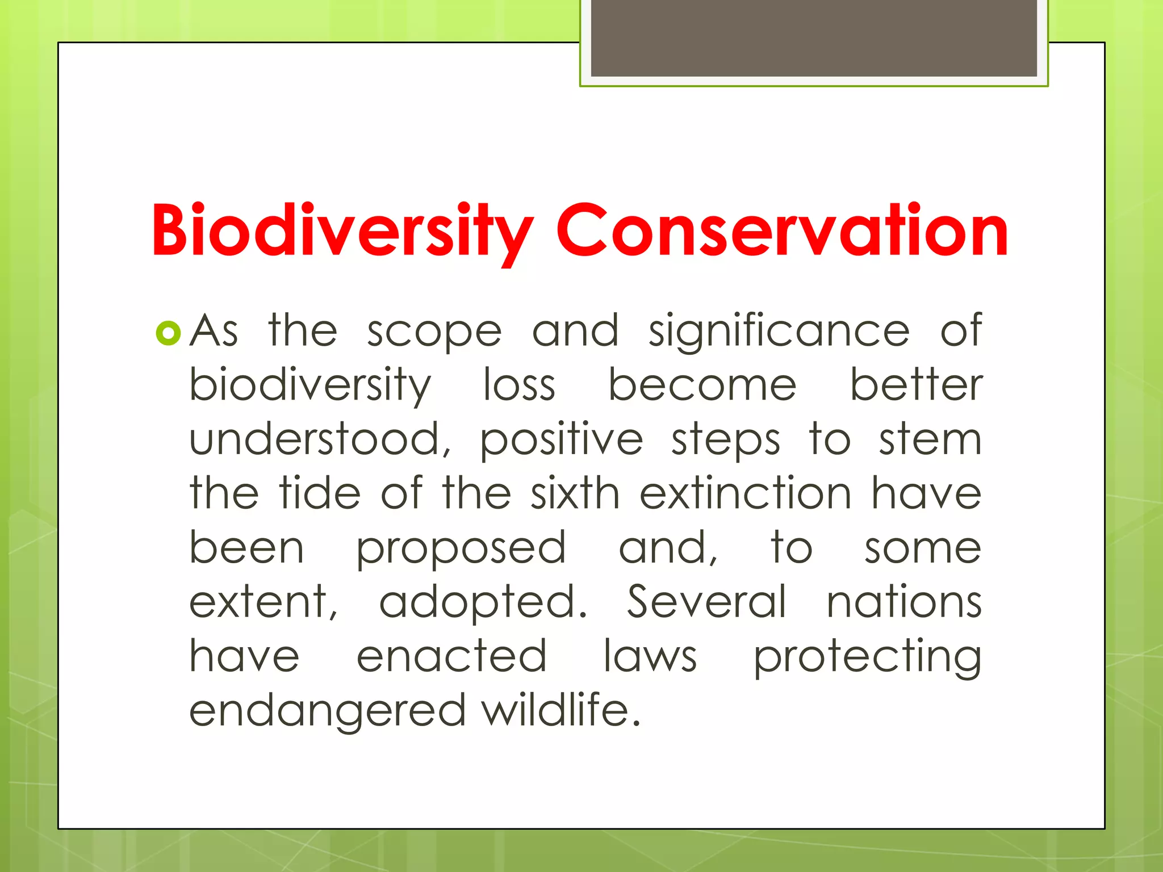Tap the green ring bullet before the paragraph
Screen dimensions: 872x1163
point(168,334)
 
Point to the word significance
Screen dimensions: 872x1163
point(779,332)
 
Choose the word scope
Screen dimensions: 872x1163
point(434,332)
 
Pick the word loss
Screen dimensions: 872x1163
point(519,385)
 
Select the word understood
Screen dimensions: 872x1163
point(320,439)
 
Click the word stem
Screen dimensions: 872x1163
point(930,439)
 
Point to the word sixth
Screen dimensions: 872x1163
point(575,493)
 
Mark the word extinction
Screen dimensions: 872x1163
point(746,493)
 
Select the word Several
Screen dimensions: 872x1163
point(707,602)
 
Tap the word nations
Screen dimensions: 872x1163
point(904,602)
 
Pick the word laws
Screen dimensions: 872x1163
point(650,656)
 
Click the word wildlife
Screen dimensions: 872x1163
point(561,710)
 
